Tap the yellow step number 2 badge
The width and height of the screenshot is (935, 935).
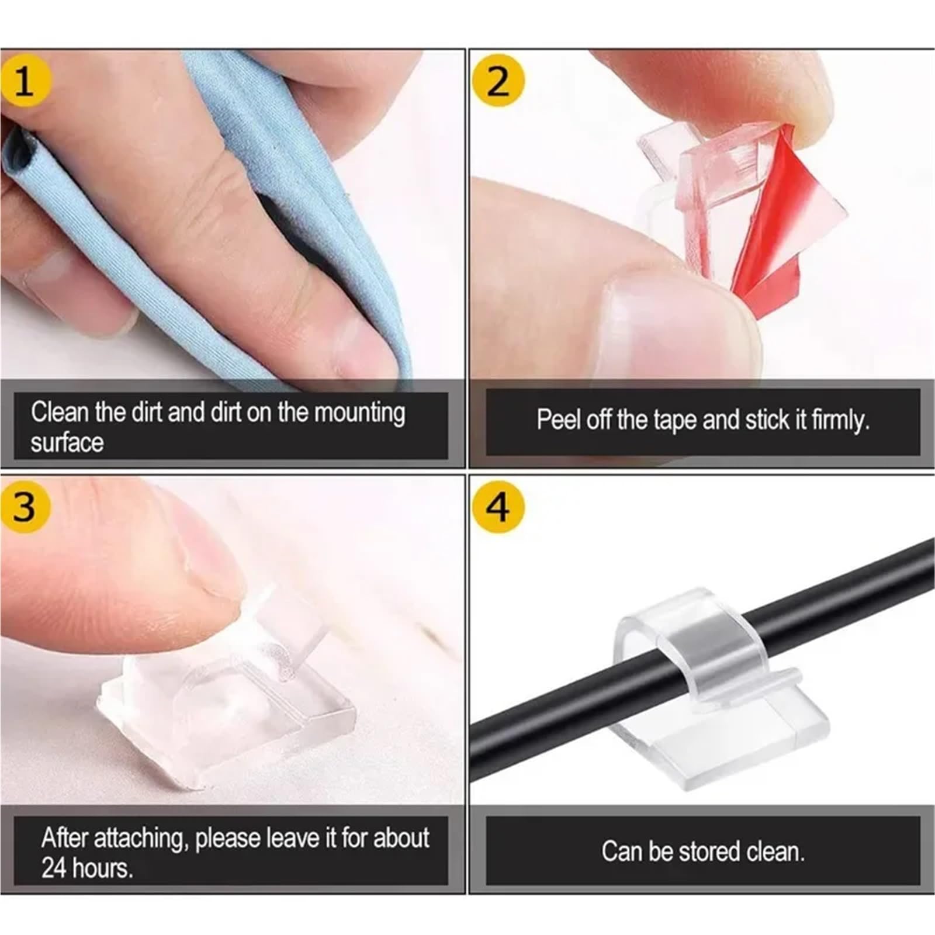tap(498, 81)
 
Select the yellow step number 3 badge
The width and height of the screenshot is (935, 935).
tap(25, 506)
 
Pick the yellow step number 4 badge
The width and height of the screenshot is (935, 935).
tap(498, 506)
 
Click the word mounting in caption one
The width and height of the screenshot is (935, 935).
tap(359, 413)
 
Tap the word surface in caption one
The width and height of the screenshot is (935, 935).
tap(67, 442)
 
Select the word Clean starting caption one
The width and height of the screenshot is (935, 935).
tap(58, 413)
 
